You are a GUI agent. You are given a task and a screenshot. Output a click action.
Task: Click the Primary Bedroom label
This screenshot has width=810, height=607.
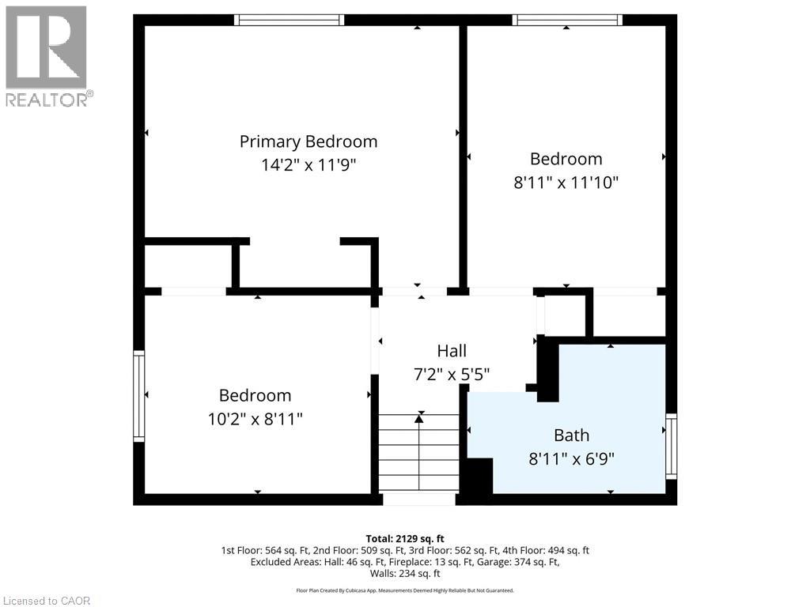[x=308, y=141]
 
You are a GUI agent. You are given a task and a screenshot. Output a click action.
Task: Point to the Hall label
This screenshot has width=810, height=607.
[x=452, y=351]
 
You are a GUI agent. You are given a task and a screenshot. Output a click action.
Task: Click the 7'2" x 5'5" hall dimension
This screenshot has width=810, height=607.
[x=452, y=374]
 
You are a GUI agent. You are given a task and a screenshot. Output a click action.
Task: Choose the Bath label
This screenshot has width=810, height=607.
[x=571, y=435]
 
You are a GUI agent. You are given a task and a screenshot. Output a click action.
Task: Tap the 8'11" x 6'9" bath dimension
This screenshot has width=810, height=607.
[x=571, y=458]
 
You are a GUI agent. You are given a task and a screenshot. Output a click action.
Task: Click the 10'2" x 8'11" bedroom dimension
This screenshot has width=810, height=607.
[x=255, y=419]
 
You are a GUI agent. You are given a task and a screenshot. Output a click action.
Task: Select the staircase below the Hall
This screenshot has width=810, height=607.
[x=418, y=455]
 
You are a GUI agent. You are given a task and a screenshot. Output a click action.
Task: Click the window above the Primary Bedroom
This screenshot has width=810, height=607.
[x=290, y=20]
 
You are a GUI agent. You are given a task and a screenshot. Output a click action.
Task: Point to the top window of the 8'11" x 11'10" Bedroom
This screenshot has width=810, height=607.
[x=566, y=20]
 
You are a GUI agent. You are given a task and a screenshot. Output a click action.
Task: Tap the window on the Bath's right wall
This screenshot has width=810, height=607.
[x=672, y=447]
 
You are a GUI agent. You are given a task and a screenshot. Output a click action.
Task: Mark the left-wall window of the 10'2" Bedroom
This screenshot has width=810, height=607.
[x=138, y=395]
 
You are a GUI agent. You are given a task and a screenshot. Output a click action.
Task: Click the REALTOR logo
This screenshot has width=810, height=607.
[x=47, y=55]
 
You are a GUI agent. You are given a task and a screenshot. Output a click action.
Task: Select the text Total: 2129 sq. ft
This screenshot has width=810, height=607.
[x=404, y=537]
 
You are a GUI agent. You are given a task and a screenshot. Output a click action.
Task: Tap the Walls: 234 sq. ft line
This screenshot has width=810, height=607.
[x=404, y=574]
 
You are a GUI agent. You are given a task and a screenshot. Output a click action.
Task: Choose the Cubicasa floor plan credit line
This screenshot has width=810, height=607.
[x=404, y=590]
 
